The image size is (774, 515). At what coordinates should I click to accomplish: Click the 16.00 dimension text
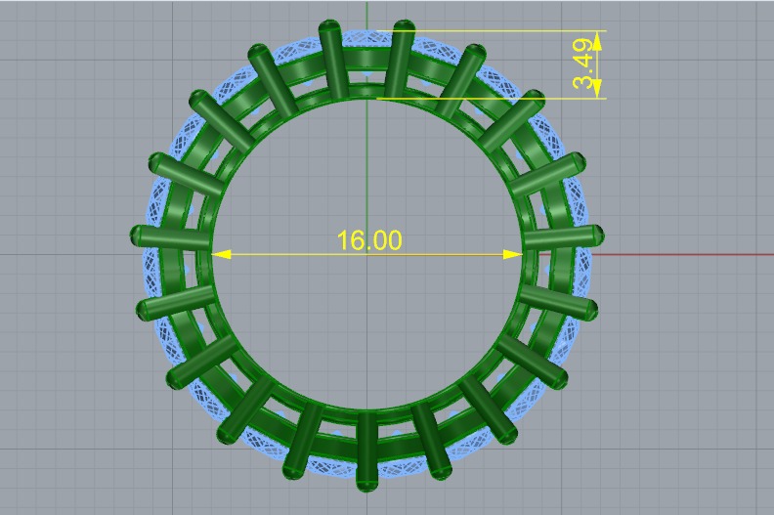click(368, 240)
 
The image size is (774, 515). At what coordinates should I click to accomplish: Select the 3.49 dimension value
click(584, 64)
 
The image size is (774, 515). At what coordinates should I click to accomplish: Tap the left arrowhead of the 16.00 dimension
click(221, 254)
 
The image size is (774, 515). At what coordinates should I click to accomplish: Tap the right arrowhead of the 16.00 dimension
click(512, 254)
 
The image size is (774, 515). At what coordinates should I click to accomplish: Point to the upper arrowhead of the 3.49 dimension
click(597, 38)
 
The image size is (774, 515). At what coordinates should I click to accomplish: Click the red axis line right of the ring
click(684, 254)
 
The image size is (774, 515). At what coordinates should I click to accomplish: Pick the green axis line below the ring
click(366, 503)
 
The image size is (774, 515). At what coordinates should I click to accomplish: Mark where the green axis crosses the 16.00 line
click(366, 254)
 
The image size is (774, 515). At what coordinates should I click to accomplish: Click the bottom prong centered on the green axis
click(366, 451)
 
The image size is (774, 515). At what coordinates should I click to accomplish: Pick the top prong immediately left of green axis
click(332, 59)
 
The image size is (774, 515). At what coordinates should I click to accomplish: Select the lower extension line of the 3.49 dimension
click(489, 98)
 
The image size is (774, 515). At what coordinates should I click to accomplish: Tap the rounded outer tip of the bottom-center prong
click(366, 485)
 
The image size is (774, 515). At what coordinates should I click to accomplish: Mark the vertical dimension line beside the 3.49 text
click(597, 64)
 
